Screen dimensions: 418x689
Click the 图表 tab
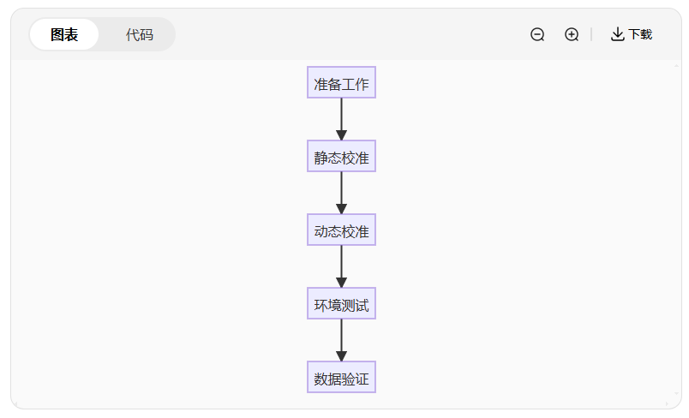[x=64, y=34]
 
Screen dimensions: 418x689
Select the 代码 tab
[x=139, y=34]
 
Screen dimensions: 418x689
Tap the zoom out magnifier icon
[x=537, y=34]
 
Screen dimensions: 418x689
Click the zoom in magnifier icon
[x=572, y=34]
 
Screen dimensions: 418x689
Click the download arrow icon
[x=617, y=34]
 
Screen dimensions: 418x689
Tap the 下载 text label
[x=640, y=34]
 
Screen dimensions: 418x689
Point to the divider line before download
[x=591, y=34]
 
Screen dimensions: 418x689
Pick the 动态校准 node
[x=341, y=230]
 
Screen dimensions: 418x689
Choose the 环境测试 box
[x=341, y=304]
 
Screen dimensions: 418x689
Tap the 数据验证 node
[x=341, y=378]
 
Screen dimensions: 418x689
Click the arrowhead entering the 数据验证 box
[x=341, y=355]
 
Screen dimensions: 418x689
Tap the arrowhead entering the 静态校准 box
[x=341, y=134]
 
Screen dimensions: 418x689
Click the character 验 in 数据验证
[x=348, y=378]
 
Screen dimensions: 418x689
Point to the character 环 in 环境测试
[x=321, y=304]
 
